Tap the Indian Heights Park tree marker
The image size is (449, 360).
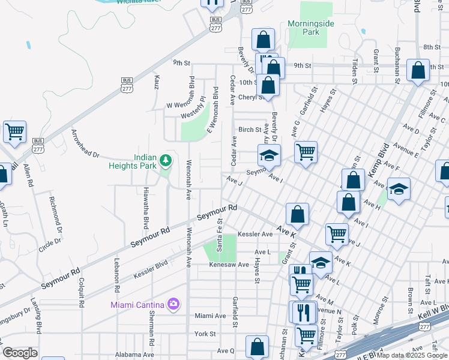coord(166,161)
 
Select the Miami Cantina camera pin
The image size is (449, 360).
coord(173,304)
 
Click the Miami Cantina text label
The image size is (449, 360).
coord(138,305)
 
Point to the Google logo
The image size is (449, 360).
coord(20,353)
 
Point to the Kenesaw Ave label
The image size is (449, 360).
coord(228,265)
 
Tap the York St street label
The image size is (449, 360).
coord(205,334)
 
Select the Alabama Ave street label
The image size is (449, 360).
coord(131,355)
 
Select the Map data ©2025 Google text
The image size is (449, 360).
coord(411,355)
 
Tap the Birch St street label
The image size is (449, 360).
coord(250,130)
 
